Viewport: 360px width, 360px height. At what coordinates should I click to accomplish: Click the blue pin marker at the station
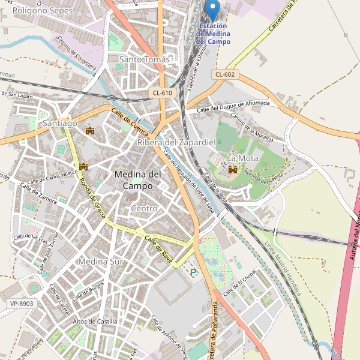click(212, 10)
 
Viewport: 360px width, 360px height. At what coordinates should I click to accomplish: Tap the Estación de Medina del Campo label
click(214, 34)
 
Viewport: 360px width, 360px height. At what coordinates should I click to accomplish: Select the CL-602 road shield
click(225, 74)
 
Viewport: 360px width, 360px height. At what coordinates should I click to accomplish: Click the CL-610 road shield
click(162, 92)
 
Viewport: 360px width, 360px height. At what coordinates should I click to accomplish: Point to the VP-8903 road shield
click(22, 304)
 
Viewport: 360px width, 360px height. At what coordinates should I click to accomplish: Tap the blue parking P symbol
click(193, 272)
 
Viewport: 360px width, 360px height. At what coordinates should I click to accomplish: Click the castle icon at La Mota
click(232, 170)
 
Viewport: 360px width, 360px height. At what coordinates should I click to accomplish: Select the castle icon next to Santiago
click(91, 130)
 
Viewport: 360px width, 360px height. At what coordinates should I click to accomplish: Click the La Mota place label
click(238, 158)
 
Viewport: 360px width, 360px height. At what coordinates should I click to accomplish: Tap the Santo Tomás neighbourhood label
click(145, 59)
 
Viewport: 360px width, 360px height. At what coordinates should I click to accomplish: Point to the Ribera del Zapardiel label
click(176, 142)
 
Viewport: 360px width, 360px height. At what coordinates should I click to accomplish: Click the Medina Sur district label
click(100, 262)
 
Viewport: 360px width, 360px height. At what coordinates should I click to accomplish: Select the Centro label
click(144, 208)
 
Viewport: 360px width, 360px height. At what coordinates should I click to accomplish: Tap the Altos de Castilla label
click(95, 322)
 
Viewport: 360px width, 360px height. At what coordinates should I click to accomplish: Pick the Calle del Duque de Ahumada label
click(233, 106)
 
